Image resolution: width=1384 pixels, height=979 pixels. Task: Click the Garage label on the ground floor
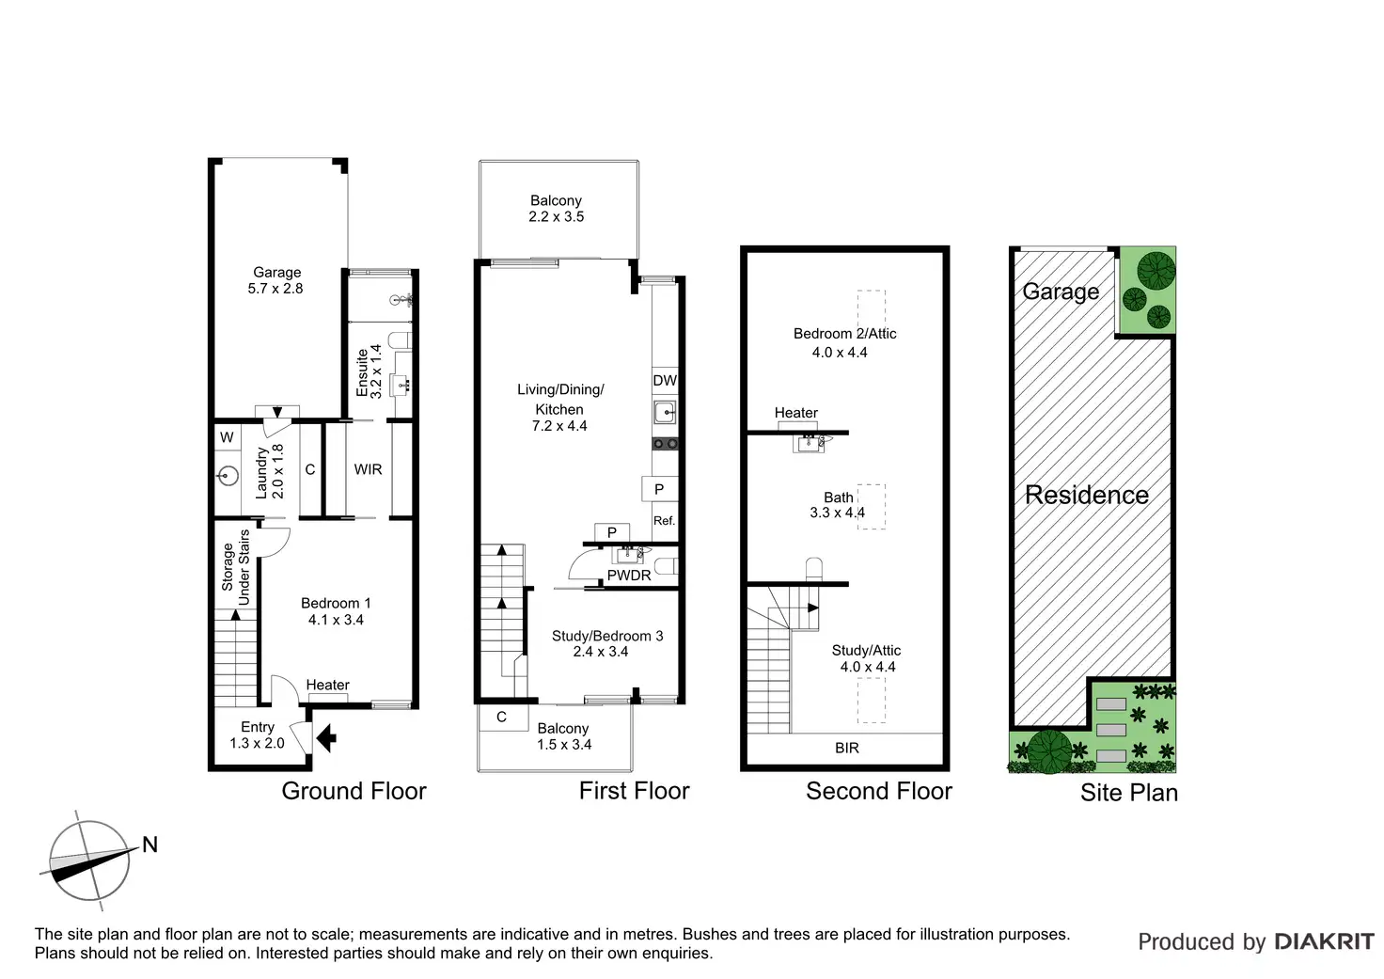click(x=276, y=273)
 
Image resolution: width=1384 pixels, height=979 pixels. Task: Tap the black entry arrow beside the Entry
click(x=327, y=738)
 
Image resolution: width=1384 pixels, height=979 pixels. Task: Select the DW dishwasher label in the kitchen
click(x=665, y=381)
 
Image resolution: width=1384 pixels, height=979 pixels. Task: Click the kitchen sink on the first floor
click(x=665, y=412)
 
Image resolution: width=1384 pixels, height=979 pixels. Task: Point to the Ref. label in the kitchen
click(x=664, y=521)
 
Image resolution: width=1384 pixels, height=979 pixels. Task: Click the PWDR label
click(x=629, y=576)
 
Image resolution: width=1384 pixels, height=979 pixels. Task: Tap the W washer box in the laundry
click(x=227, y=438)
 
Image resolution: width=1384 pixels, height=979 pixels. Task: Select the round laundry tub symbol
click(x=228, y=477)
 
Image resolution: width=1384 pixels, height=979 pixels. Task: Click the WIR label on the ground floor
click(x=368, y=469)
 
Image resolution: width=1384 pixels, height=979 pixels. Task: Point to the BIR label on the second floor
click(x=847, y=749)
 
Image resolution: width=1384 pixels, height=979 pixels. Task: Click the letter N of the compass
click(x=149, y=845)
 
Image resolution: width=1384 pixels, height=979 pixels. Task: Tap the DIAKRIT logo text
click(x=1324, y=941)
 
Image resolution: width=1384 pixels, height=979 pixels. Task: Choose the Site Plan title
click(x=1128, y=793)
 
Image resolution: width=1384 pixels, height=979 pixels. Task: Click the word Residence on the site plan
click(x=1086, y=496)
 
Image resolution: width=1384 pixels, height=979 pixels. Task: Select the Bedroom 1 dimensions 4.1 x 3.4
click(x=336, y=620)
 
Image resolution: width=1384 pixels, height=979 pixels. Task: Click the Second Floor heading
click(x=878, y=791)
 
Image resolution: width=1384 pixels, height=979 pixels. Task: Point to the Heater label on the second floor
click(x=795, y=413)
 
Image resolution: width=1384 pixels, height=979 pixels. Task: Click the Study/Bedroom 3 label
click(x=606, y=636)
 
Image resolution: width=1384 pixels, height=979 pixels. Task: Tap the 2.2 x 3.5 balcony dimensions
click(x=556, y=217)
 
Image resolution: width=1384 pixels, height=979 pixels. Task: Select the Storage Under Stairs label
click(x=236, y=567)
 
